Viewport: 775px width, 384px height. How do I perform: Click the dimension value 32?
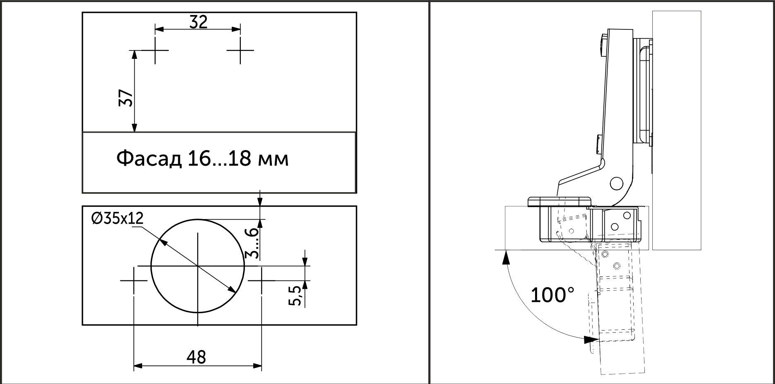[198, 22]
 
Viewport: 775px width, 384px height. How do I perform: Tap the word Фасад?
[149, 159]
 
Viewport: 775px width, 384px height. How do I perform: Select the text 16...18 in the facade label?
[218, 159]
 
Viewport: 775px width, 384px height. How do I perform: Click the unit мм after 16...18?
[273, 159]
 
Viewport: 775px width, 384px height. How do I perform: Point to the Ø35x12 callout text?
[117, 218]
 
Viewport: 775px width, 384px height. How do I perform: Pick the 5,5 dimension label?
[295, 295]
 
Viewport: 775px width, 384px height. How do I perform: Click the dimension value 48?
[196, 357]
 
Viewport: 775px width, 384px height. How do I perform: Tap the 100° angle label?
[552, 295]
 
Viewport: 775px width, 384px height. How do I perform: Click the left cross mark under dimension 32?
[155, 51]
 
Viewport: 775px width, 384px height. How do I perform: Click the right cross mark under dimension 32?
[240, 51]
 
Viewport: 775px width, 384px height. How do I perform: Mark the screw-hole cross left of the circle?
[134, 280]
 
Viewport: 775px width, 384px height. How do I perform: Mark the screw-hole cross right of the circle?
[262, 280]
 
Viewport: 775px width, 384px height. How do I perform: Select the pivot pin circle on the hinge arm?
[616, 183]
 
